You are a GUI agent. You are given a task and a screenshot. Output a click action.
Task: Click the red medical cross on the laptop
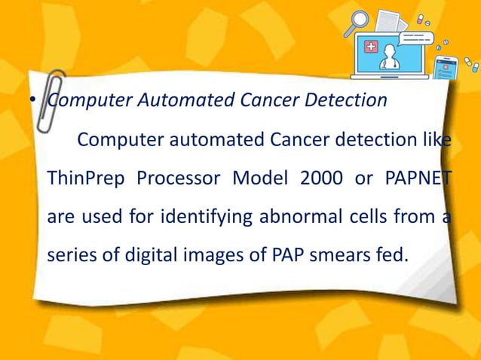[x=372, y=47]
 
